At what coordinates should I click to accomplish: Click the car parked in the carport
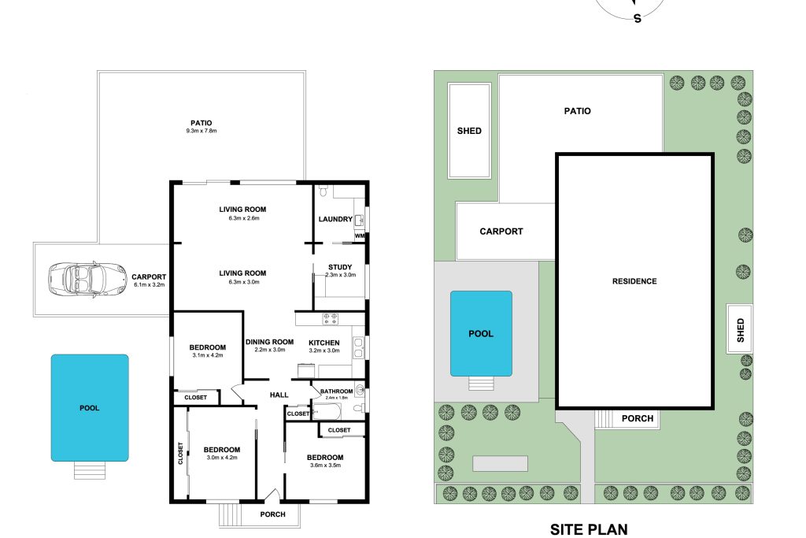(87, 280)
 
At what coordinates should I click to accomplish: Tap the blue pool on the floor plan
(90, 407)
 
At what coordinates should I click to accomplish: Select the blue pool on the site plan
(481, 333)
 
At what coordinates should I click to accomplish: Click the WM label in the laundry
(360, 236)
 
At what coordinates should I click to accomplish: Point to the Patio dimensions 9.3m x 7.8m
(201, 131)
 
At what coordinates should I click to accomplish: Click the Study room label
(340, 267)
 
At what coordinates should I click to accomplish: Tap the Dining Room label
(269, 342)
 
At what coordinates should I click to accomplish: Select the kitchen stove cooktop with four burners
(331, 319)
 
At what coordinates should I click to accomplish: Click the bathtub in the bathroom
(327, 411)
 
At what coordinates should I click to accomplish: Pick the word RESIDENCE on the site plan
(634, 281)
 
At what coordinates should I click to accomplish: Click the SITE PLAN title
(589, 529)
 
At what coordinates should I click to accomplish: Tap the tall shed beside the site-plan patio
(469, 131)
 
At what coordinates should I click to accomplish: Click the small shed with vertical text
(740, 329)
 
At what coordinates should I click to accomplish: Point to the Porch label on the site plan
(638, 419)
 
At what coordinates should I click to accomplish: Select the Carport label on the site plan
(501, 232)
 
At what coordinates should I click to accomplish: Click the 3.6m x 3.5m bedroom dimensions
(325, 466)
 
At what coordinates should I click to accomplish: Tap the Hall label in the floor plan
(279, 395)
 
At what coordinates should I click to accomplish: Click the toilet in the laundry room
(323, 191)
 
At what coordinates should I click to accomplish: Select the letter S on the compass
(638, 19)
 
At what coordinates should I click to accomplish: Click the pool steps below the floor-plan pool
(90, 470)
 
